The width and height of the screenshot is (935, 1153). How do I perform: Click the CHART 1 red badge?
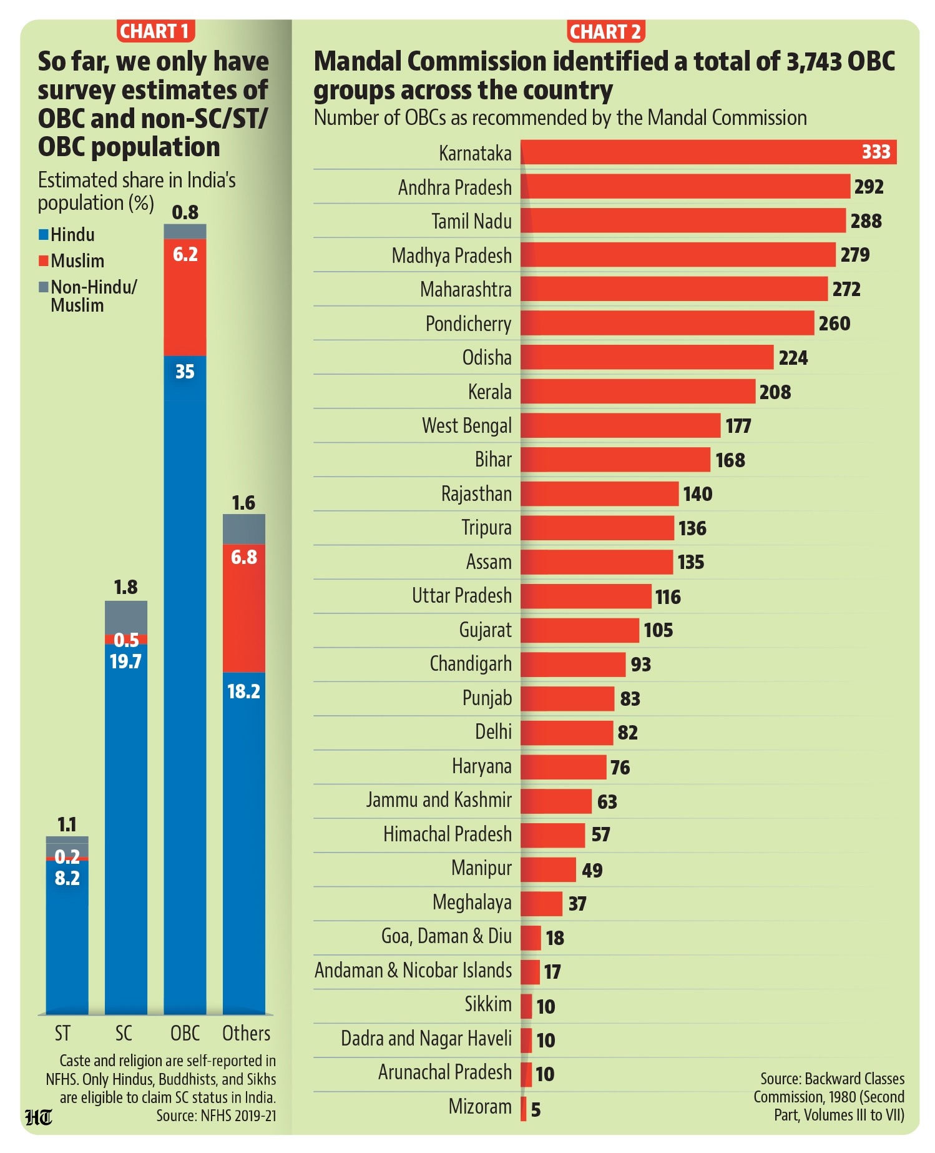pos(155,31)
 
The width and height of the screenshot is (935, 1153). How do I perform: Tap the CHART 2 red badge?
pos(605,31)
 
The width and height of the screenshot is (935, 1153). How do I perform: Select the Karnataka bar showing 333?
pos(708,152)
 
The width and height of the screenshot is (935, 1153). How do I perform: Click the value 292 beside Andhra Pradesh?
pos(869,187)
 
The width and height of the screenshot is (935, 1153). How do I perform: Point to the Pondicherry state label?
pos(469,324)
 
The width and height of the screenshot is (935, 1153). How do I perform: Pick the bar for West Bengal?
pos(620,425)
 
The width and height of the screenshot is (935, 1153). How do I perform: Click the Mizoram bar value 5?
pos(536,1109)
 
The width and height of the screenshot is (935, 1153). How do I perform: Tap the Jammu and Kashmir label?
pos(439,799)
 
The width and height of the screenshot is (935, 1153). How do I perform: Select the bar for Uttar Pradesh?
pos(586,596)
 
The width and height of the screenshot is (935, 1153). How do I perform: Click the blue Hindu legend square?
pos(44,235)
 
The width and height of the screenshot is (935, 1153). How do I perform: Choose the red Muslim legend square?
pos(44,260)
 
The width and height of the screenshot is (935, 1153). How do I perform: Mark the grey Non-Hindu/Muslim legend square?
pos(44,287)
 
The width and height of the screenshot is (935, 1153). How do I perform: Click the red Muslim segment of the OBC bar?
pos(185,297)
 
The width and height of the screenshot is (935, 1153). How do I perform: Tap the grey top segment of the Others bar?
pos(244,530)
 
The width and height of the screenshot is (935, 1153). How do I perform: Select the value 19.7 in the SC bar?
pos(125,661)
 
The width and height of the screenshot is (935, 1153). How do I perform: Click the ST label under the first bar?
pos(62,1033)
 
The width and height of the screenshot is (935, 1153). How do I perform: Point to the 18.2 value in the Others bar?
pos(244,691)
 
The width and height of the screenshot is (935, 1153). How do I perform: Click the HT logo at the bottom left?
pos(39,1117)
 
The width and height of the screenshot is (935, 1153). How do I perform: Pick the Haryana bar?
pos(564,766)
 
